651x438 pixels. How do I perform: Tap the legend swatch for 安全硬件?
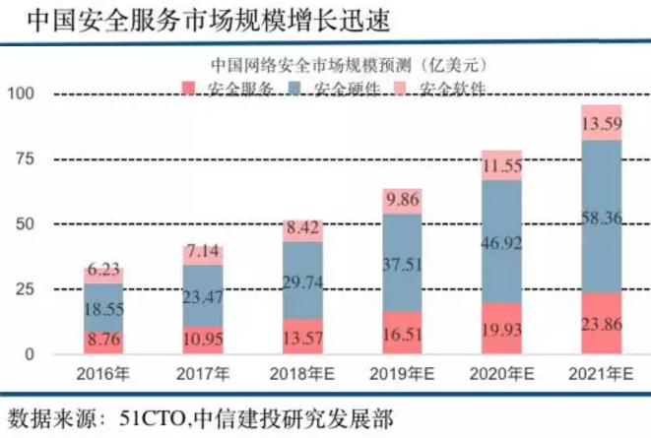294,91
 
